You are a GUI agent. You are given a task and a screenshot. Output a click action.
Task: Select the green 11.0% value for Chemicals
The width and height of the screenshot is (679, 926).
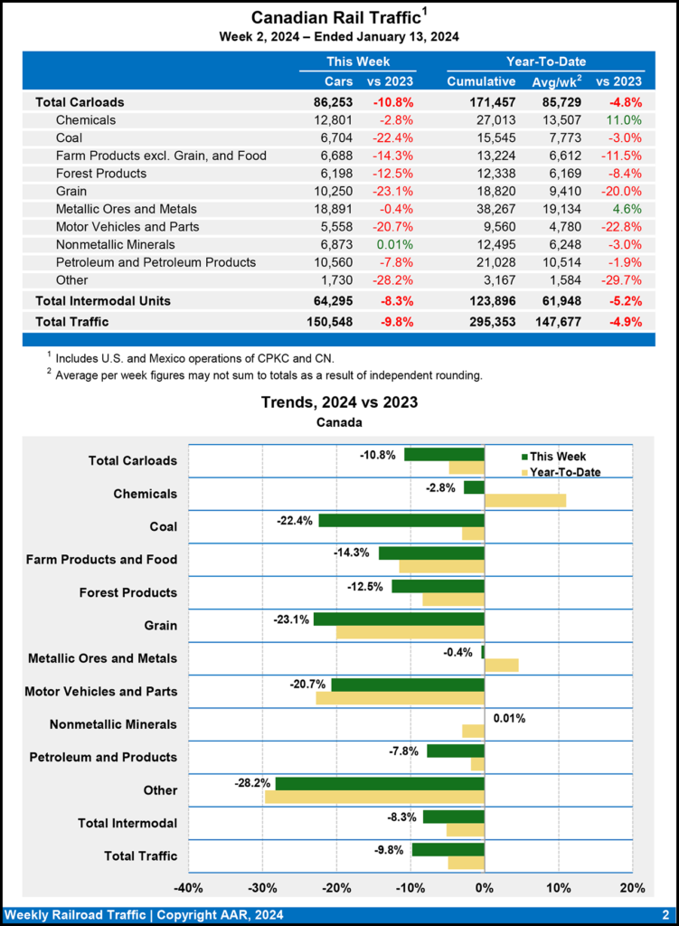point(623,119)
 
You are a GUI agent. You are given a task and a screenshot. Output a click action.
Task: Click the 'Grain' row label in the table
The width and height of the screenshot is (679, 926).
point(73,191)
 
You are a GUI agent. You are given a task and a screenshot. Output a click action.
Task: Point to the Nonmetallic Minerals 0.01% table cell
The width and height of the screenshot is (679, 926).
point(393,244)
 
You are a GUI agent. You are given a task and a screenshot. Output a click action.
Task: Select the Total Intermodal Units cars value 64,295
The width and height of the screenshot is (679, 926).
point(332,300)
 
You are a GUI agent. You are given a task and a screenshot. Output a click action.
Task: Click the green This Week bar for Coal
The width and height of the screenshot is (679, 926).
point(401,520)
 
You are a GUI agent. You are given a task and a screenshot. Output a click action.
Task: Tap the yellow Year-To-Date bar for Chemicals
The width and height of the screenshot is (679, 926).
point(525,500)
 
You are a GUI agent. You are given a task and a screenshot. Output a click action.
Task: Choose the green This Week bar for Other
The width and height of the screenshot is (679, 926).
point(380,783)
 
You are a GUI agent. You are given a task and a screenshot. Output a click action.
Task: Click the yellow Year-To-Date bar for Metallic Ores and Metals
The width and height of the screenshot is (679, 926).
point(502,665)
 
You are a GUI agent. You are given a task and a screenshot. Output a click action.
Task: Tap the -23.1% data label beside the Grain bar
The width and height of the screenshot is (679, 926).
point(290,619)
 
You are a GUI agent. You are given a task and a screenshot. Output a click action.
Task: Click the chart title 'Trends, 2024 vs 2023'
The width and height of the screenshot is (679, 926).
point(339,402)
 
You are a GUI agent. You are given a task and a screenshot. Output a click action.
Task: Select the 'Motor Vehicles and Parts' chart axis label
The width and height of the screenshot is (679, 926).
point(101,692)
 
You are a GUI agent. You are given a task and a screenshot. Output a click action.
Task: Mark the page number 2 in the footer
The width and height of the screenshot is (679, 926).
point(665,914)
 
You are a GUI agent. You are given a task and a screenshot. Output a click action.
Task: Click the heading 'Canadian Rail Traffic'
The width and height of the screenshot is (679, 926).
point(335,18)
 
